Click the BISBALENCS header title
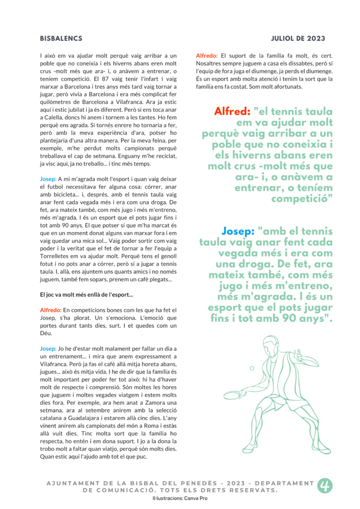(x=61, y=38)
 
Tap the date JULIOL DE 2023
(x=298, y=38)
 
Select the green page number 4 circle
(x=325, y=486)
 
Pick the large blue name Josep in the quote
(x=238, y=232)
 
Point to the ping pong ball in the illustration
(x=252, y=368)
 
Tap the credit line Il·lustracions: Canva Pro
(x=180, y=498)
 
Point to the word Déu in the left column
(x=46, y=334)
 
